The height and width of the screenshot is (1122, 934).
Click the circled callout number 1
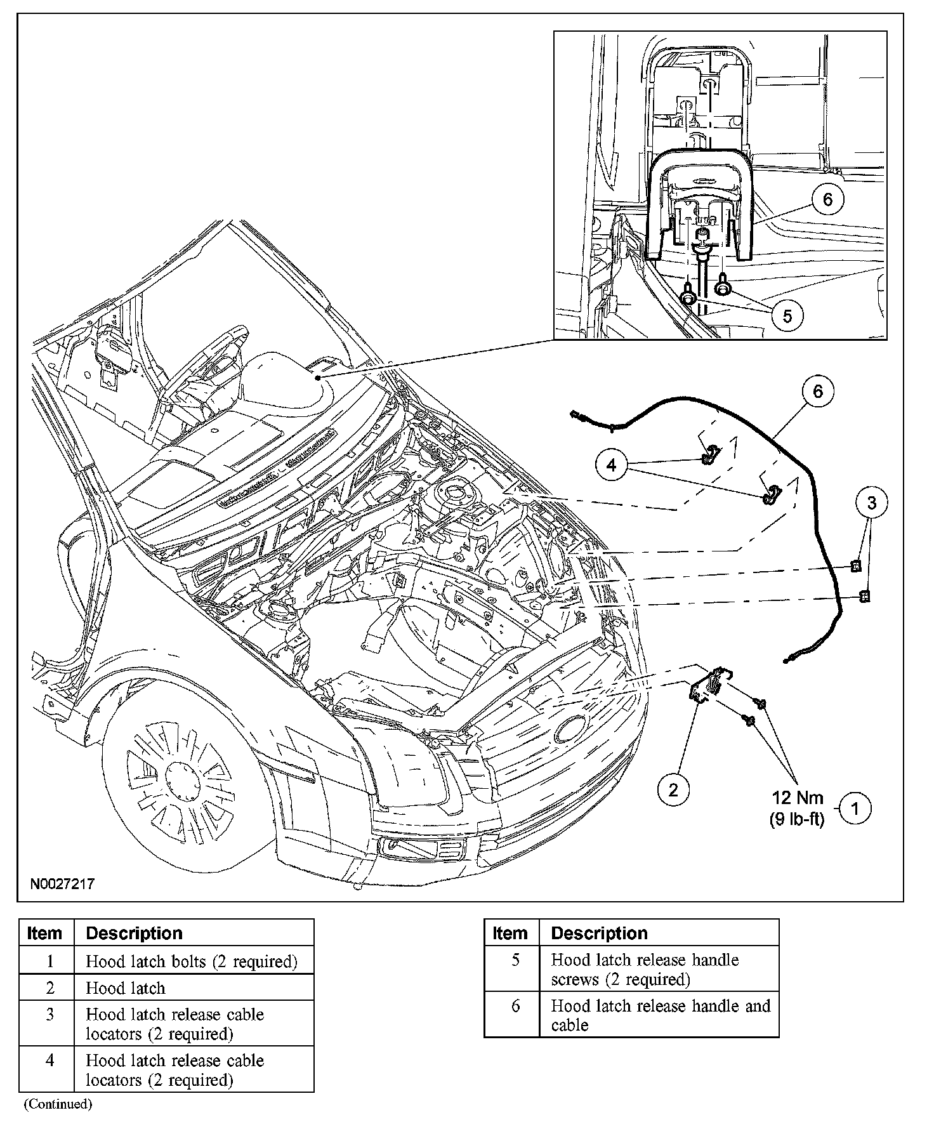(854, 808)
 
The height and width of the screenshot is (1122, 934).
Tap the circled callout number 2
(673, 789)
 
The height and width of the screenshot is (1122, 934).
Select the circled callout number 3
(871, 503)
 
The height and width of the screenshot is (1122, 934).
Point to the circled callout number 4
(611, 466)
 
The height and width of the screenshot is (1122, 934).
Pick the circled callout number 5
(787, 315)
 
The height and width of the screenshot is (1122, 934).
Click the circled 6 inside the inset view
(827, 199)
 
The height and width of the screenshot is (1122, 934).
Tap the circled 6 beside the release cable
(817, 392)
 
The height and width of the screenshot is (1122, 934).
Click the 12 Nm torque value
(797, 798)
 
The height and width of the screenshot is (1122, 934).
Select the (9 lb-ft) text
(797, 819)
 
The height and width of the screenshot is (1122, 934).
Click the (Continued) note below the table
(58, 1104)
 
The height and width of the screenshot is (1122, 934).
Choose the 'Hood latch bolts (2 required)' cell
(192, 961)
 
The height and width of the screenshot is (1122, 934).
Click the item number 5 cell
(515, 960)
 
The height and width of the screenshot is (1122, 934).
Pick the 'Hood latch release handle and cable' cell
(660, 1015)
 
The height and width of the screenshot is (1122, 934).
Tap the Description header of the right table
(599, 933)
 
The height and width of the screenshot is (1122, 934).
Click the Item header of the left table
(45, 933)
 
